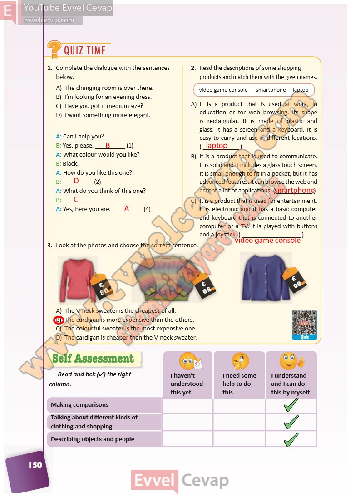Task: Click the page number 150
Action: [35, 464]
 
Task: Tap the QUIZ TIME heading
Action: [84, 50]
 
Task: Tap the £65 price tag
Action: [204, 284]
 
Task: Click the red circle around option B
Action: [58, 320]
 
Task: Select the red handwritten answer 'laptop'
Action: [217, 146]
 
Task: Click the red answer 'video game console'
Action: [267, 240]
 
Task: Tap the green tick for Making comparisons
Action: [291, 405]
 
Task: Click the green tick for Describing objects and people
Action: [291, 439]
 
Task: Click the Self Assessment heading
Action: [93, 359]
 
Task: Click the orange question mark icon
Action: [54, 49]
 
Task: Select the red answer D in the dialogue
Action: [76, 181]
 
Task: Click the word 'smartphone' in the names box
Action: [271, 90]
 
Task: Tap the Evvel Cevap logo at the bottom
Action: [180, 480]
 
